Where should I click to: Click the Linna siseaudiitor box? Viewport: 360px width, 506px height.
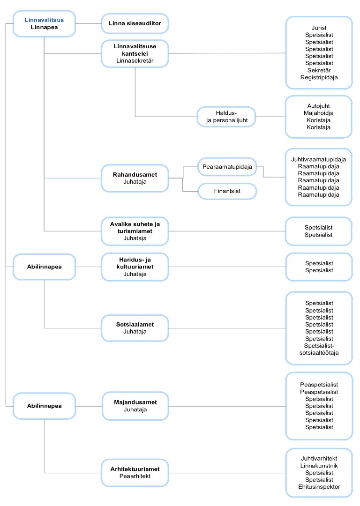(x=135, y=23)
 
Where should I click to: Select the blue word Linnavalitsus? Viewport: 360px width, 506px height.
(x=44, y=20)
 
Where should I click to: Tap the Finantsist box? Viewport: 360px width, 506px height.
(x=227, y=191)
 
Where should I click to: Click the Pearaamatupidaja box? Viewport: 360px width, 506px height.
(x=227, y=167)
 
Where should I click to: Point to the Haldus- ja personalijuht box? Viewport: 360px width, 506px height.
(x=226, y=117)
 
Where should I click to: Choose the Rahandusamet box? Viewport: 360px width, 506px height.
(x=135, y=178)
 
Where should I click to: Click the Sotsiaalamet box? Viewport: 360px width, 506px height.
(x=135, y=328)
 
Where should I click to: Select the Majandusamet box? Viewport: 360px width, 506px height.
(x=135, y=406)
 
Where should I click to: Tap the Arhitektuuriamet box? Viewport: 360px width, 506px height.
(x=135, y=473)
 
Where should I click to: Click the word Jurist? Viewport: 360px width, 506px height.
(x=319, y=28)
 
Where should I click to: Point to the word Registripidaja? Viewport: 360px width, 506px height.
(x=319, y=77)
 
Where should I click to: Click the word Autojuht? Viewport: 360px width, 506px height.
(x=319, y=106)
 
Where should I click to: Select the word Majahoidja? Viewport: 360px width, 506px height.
(x=319, y=113)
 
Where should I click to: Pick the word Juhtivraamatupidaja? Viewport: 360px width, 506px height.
(x=319, y=159)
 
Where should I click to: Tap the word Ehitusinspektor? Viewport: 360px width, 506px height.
(x=319, y=487)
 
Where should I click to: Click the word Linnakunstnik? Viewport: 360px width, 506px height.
(x=319, y=466)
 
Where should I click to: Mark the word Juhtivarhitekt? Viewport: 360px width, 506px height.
(x=319, y=459)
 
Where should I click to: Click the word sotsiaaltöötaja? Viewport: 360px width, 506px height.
(x=319, y=353)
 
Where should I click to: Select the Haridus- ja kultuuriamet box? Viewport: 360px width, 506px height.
(x=135, y=267)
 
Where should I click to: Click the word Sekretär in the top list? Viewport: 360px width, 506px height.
(x=319, y=70)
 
